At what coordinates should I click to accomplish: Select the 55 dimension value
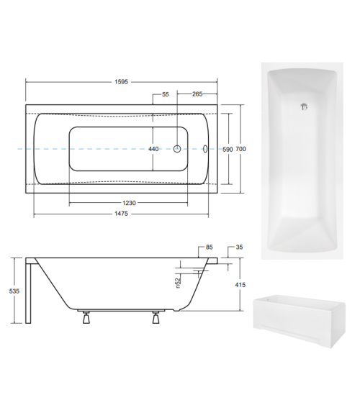[x=166, y=95]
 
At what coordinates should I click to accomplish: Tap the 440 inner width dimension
[x=153, y=149]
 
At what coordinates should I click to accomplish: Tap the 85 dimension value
[x=209, y=247]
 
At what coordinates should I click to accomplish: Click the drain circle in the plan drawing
[x=178, y=150]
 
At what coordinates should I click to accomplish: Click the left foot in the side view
[x=87, y=317]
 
